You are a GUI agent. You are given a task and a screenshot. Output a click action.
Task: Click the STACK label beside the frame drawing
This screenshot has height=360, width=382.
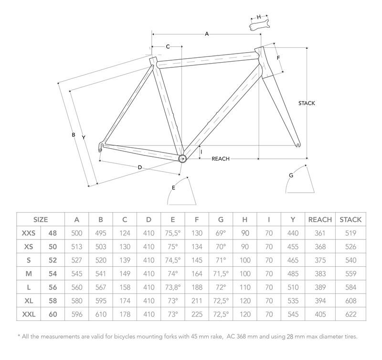[x=307, y=103]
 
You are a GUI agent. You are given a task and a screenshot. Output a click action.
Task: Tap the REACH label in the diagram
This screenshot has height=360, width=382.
[x=221, y=159]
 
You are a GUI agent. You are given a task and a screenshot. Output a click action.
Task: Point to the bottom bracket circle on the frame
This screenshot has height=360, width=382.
[x=182, y=158]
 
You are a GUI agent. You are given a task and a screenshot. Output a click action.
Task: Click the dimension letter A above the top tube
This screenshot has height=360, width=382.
[x=207, y=34]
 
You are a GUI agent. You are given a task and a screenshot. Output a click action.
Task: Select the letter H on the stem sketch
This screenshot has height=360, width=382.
[x=259, y=17]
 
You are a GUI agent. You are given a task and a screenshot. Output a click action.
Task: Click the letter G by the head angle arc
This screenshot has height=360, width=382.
[x=291, y=175]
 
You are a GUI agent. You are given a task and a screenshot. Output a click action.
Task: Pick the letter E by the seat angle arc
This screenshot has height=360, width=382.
[x=173, y=188]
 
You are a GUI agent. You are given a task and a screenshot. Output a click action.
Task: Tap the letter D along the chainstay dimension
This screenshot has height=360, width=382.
[x=139, y=167]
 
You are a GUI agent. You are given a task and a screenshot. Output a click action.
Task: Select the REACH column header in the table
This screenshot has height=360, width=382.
[x=320, y=220]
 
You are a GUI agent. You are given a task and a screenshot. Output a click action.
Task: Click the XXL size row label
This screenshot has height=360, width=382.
[x=29, y=315]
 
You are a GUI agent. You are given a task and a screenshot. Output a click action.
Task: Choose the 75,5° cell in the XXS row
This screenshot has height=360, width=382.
[x=172, y=233]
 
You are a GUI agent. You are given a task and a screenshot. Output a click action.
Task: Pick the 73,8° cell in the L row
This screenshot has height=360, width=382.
[x=172, y=288]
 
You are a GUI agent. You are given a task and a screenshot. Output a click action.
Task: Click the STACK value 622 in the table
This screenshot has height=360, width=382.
[x=350, y=315]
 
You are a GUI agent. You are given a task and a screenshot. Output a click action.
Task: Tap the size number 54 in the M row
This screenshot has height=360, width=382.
[x=53, y=274]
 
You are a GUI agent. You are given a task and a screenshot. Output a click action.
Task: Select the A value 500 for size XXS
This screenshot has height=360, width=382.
[x=77, y=233]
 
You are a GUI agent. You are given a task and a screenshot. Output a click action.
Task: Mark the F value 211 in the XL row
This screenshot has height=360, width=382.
[x=196, y=301]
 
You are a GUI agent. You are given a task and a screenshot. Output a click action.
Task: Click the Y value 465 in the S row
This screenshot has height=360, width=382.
[x=293, y=261]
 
